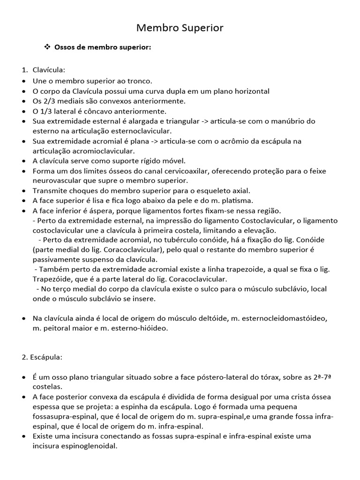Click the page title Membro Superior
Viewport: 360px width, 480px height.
pyautogui.click(x=180, y=28)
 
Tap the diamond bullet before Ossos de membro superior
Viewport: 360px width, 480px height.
pyautogui.click(x=47, y=47)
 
